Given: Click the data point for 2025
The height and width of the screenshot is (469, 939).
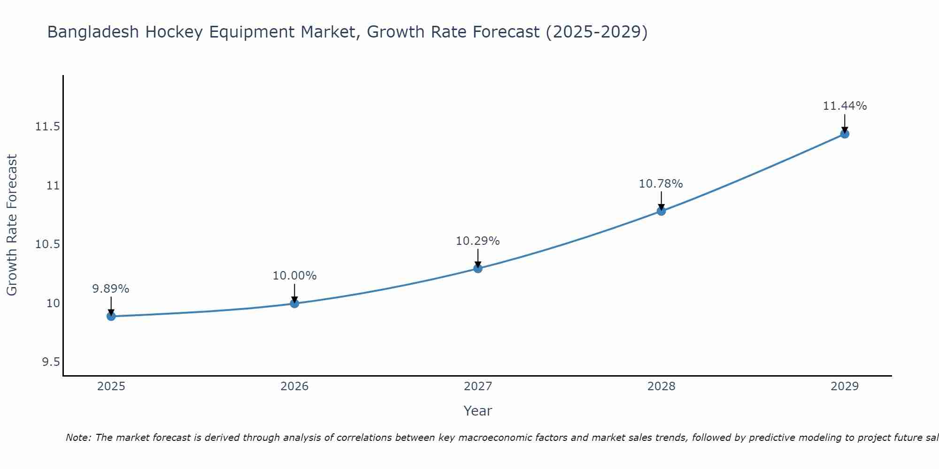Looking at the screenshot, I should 111,316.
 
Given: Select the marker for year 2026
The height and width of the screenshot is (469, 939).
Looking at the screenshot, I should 294,303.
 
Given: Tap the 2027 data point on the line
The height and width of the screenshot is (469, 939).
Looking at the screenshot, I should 478,268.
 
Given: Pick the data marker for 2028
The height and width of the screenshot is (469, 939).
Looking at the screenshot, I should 661,211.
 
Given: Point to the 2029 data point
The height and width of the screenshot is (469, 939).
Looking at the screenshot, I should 845,134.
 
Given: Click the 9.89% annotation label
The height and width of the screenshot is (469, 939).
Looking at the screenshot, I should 111,289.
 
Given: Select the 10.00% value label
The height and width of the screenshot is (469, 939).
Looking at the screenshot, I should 294,276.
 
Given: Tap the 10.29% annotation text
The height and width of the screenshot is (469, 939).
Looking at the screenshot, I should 478,241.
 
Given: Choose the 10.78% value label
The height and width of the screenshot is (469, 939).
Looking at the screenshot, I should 661,184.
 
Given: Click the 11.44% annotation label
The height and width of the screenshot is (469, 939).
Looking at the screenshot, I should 845,106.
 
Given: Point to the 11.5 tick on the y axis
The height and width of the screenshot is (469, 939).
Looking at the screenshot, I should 47,127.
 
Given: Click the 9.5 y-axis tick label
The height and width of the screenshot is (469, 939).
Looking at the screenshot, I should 51,362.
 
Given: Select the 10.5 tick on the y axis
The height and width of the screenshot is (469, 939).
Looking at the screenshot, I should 47,244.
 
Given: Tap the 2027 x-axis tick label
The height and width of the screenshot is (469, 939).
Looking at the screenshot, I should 478,386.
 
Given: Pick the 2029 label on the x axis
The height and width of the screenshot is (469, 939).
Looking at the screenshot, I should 845,386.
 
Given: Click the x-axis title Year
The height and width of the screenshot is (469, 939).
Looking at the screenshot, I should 478,411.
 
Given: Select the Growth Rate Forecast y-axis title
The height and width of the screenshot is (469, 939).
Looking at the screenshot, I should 12,225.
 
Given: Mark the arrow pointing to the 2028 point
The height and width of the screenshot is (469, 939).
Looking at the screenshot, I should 661,200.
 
